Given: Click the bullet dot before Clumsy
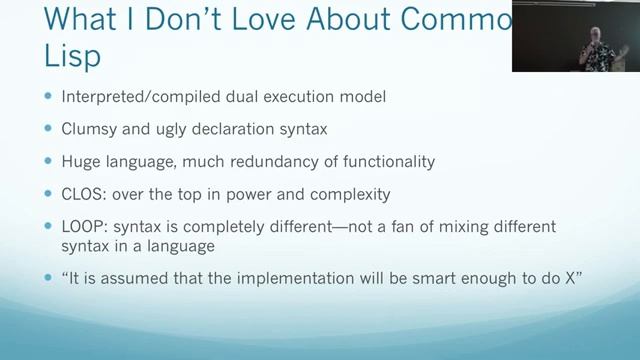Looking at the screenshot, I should (47, 129).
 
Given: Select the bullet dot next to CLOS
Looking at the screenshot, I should (47, 193).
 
